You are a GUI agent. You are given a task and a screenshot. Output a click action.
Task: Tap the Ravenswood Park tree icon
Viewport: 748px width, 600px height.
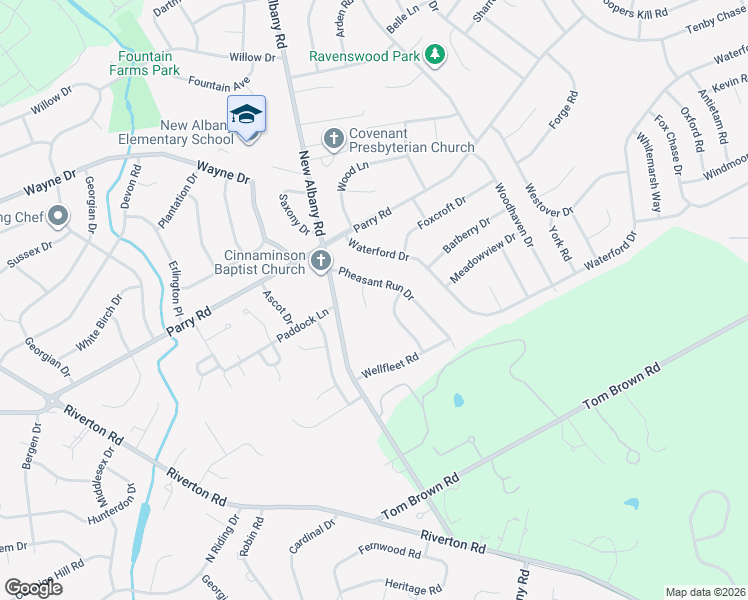[435, 55]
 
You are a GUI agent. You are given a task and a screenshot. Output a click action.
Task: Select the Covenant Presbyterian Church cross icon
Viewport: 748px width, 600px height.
[333, 137]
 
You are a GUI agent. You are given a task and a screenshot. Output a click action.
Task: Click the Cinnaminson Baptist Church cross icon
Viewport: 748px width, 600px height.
[321, 261]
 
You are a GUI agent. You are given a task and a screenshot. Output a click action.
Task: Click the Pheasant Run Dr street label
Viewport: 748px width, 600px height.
[375, 285]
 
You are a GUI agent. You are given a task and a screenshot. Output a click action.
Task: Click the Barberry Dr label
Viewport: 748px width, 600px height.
[470, 237]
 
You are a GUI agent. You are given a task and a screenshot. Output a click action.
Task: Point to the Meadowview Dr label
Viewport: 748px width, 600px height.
[482, 258]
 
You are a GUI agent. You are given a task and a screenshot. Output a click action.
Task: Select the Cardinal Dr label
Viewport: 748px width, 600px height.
[311, 538]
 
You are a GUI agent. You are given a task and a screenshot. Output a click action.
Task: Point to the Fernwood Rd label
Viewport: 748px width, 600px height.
[390, 551]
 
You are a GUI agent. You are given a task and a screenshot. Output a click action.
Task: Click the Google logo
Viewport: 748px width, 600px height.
[32, 587]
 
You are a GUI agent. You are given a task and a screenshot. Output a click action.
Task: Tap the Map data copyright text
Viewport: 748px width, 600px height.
[706, 592]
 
